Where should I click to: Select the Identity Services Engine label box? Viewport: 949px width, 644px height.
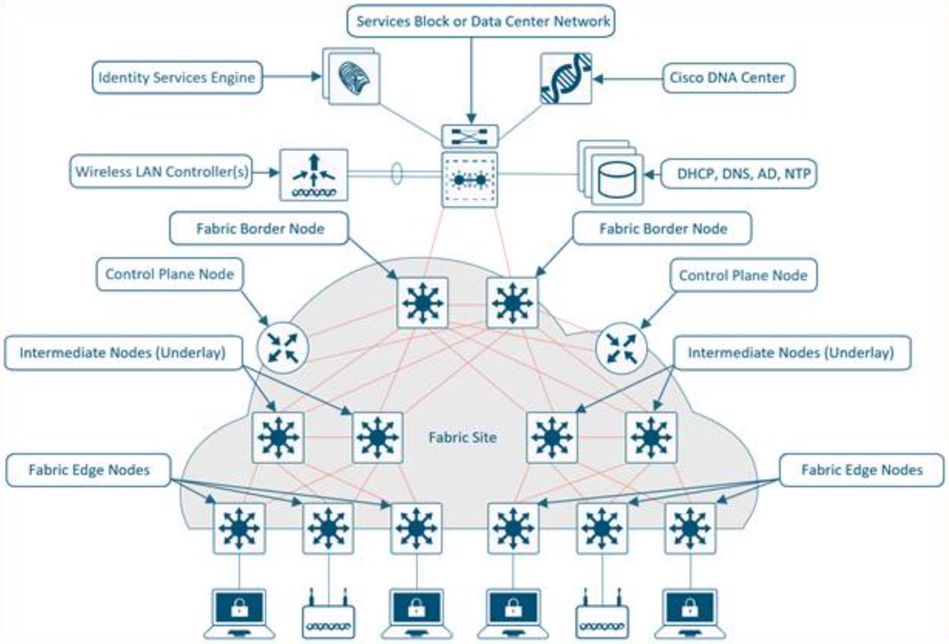point(176,77)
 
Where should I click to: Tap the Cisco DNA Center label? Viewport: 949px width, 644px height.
point(729,77)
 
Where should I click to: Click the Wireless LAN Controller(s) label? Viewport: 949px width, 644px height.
point(162,171)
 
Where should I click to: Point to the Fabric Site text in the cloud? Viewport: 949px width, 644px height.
point(462,438)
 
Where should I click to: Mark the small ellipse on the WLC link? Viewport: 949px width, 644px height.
point(397,173)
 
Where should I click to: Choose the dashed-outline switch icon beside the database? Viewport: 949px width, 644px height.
point(469,178)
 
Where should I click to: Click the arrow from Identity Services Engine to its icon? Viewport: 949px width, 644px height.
point(290,77)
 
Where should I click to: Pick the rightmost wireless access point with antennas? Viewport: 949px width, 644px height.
point(600,615)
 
